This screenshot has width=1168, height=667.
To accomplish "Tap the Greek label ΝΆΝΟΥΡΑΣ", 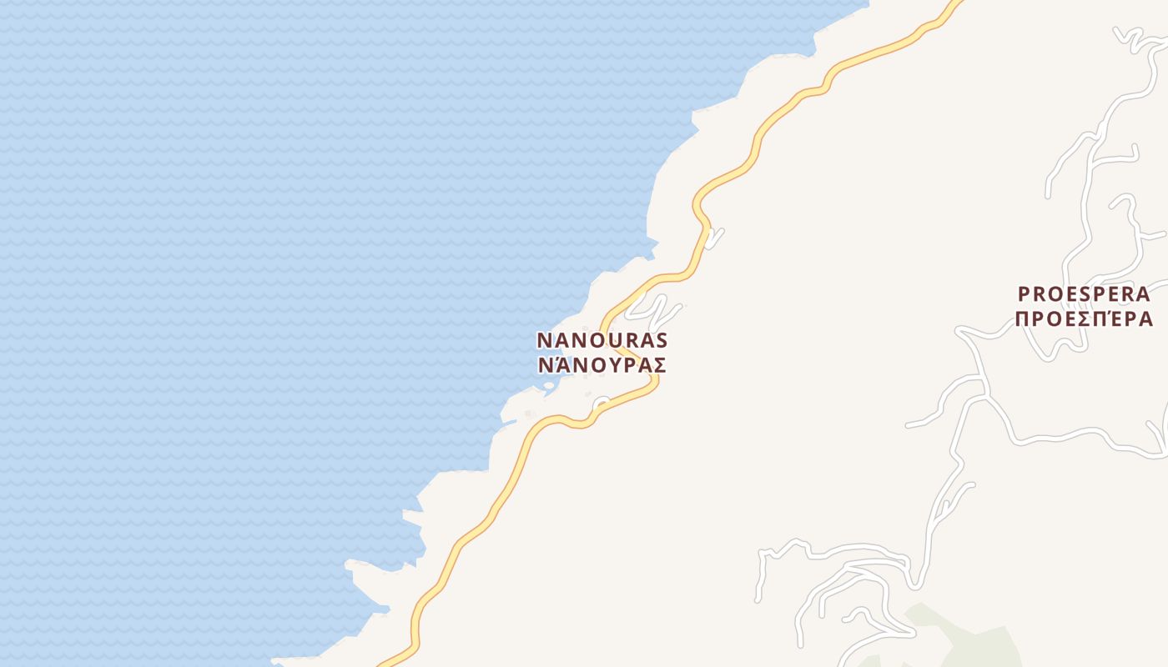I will pyautogui.click(x=602, y=365).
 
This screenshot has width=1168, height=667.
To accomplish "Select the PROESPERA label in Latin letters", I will pyautogui.click(x=1084, y=294).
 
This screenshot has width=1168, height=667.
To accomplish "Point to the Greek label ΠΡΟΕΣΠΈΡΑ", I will pyautogui.click(x=1084, y=318).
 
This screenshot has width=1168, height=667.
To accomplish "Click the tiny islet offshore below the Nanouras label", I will pyautogui.click(x=548, y=385).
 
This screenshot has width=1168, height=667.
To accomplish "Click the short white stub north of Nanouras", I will pyautogui.click(x=715, y=238).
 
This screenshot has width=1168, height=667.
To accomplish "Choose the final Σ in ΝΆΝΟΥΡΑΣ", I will pyautogui.click(x=659, y=365).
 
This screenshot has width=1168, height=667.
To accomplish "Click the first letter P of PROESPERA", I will pyautogui.click(x=1024, y=294).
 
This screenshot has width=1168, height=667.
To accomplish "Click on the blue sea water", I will pyautogui.click(x=250, y=250).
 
